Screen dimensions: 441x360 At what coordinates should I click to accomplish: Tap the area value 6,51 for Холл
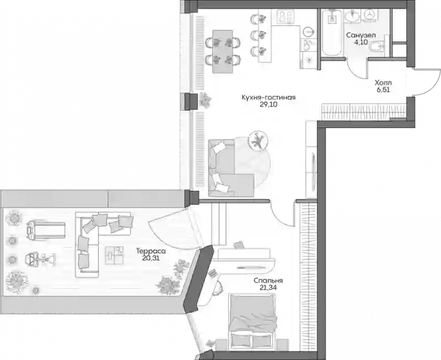pyautogui.click(x=383, y=90)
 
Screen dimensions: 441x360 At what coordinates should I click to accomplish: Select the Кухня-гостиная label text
pyautogui.click(x=268, y=98)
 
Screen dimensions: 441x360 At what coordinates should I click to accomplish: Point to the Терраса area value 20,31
pyautogui.click(x=150, y=257)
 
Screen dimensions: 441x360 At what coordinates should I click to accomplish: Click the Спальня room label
pyautogui.click(x=268, y=281)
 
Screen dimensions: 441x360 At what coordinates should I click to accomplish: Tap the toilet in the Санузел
pyautogui.click(x=377, y=47)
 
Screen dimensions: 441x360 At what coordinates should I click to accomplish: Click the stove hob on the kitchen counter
pyautogui.click(x=285, y=17)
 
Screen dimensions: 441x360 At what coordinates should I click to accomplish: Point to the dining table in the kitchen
pyautogui.click(x=223, y=51)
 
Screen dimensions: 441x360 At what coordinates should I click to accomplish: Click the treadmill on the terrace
pyautogui.click(x=46, y=230)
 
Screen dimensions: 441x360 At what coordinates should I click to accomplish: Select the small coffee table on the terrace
pyautogui.click(x=114, y=255)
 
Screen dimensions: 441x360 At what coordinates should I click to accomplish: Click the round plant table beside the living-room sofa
pyautogui.click(x=257, y=141)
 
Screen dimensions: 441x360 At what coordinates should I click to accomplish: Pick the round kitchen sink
pyautogui.click(x=309, y=31)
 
